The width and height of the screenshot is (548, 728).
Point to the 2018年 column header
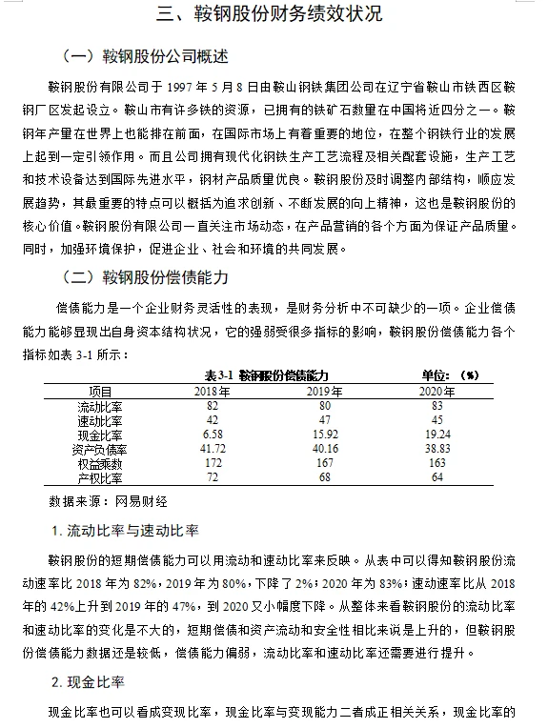pos(213,392)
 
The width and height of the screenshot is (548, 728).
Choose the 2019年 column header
pos(323,392)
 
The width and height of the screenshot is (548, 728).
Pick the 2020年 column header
pos(437,392)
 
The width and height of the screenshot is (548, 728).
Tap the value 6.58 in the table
pos(213,435)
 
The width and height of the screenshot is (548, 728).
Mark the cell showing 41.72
pos(213,449)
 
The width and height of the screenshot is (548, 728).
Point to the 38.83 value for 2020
pos(437,449)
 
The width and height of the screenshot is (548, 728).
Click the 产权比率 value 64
pos(437,476)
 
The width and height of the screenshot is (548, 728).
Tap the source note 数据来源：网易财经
pos(108,499)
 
